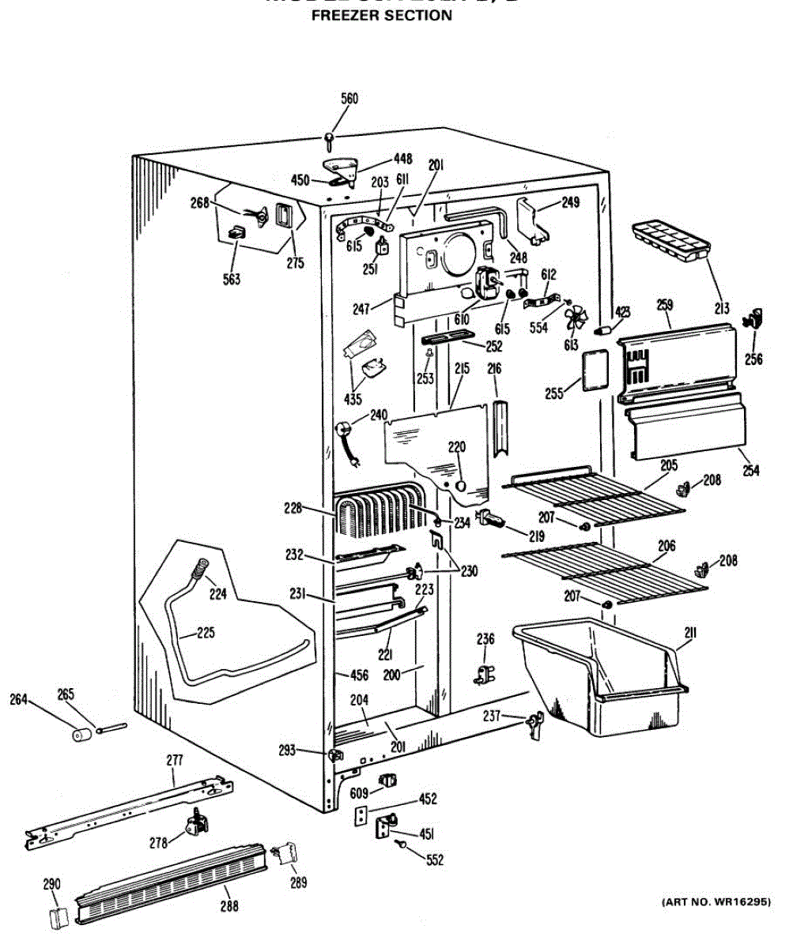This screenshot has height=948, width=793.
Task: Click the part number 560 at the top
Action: click(349, 99)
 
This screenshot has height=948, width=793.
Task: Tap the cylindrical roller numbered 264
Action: click(78, 735)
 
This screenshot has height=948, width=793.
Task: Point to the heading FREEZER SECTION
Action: click(382, 15)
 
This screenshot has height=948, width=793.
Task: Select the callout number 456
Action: click(359, 675)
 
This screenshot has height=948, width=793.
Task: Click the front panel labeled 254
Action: click(685, 426)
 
